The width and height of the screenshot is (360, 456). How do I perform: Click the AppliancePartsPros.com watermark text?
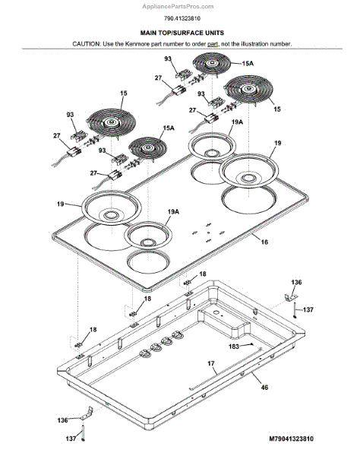pyautogui.click(x=178, y=6)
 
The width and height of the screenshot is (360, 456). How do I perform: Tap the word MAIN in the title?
pyautogui.click(x=148, y=33)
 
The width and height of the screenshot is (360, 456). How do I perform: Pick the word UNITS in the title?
pyautogui.click(x=213, y=33)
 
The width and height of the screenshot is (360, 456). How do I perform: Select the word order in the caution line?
pyautogui.click(x=199, y=44)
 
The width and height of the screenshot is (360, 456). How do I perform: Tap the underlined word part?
pyautogui.click(x=213, y=44)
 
